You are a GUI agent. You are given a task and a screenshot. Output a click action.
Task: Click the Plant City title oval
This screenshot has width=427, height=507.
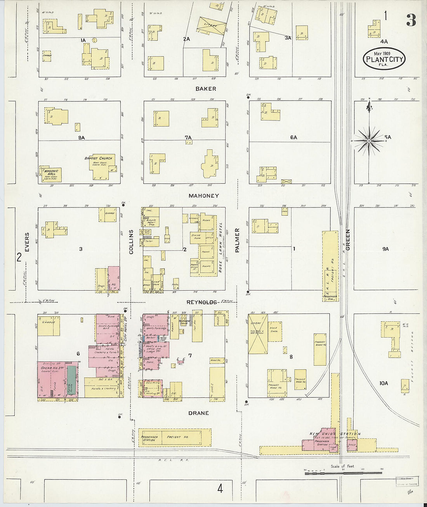click(384, 59)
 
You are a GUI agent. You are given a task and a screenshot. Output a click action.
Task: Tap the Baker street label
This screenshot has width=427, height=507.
click(206, 89)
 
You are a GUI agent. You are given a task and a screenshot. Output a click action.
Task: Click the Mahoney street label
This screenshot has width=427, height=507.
click(204, 196)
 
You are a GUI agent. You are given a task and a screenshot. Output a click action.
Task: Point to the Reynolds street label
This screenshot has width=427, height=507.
click(201, 302)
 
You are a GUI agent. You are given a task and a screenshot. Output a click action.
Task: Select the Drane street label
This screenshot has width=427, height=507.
click(198, 413)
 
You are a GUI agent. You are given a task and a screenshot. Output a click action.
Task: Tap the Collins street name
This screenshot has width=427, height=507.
click(131, 242)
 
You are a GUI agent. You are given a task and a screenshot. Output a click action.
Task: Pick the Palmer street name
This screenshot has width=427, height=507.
click(237, 241)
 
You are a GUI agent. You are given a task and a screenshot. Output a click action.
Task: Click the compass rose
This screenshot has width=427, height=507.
click(369, 140)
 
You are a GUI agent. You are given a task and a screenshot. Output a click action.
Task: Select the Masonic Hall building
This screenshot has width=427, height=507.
click(52, 174)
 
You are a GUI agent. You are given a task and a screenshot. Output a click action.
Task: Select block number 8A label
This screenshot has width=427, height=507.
click(81, 138)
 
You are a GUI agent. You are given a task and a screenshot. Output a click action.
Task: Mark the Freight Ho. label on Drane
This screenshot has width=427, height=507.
click(178, 437)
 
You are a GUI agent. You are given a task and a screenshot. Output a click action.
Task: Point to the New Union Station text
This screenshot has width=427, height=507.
click(335, 434)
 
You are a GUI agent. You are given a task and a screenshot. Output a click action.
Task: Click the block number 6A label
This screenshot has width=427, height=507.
click(293, 138)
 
